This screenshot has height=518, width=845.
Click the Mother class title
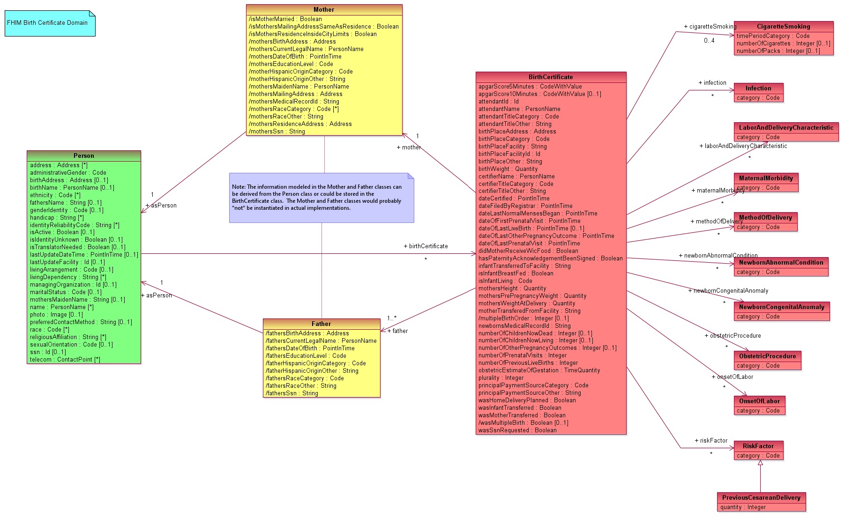324,10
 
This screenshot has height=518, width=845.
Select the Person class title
83,155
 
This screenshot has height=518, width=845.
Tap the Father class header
321,324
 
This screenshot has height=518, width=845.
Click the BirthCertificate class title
551,77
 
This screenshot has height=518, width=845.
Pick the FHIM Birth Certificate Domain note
47,23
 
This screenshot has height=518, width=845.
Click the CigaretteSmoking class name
783,27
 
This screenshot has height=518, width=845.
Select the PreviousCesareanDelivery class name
761,497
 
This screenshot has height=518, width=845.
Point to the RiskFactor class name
758,446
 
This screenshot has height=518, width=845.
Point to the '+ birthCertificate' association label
426,246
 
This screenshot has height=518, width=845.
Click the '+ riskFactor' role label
711,441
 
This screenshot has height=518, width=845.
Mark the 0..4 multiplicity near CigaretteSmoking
709,41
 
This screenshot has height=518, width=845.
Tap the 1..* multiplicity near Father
392,318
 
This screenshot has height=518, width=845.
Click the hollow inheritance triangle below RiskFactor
760,463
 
